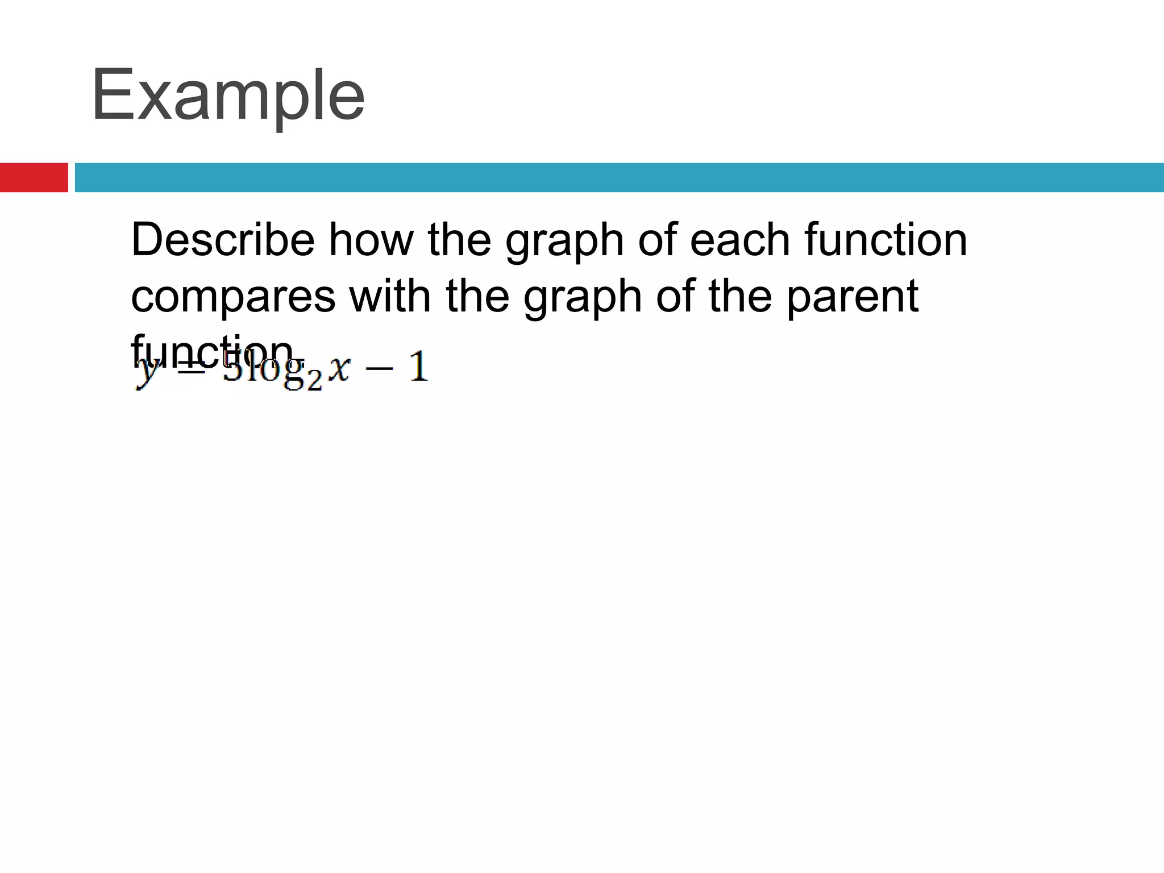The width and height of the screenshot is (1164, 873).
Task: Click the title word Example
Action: [227, 95]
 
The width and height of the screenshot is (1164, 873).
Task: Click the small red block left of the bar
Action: [34, 177]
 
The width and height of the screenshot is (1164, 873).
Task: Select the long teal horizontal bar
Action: [619, 177]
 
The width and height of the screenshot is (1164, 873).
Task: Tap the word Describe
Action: [222, 240]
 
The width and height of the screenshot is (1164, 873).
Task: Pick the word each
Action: [739, 240]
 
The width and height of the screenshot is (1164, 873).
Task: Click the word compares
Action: [233, 297]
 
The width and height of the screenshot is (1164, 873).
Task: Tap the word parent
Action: [852, 297]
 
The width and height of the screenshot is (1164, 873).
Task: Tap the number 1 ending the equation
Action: [418, 367]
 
